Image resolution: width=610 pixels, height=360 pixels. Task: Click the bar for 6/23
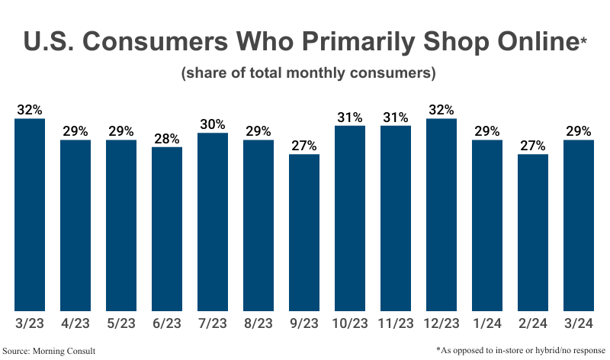click(x=167, y=228)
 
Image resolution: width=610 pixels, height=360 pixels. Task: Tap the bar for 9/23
click(x=304, y=232)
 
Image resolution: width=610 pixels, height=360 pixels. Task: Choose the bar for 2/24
click(x=533, y=232)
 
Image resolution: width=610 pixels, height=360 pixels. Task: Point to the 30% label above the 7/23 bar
click(x=213, y=124)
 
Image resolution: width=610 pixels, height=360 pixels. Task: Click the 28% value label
click(x=167, y=138)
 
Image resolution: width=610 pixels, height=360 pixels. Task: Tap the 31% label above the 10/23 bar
click(x=350, y=117)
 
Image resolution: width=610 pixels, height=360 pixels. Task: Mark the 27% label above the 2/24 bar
click(x=533, y=145)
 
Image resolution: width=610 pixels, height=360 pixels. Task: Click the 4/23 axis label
click(x=75, y=324)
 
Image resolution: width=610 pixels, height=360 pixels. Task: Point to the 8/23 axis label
click(x=258, y=324)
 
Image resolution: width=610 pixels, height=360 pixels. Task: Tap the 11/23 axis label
click(x=396, y=324)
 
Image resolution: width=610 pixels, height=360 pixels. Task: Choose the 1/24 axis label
click(x=487, y=324)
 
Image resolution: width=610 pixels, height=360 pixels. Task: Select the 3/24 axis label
click(x=579, y=324)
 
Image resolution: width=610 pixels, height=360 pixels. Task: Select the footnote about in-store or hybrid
click(x=522, y=349)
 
